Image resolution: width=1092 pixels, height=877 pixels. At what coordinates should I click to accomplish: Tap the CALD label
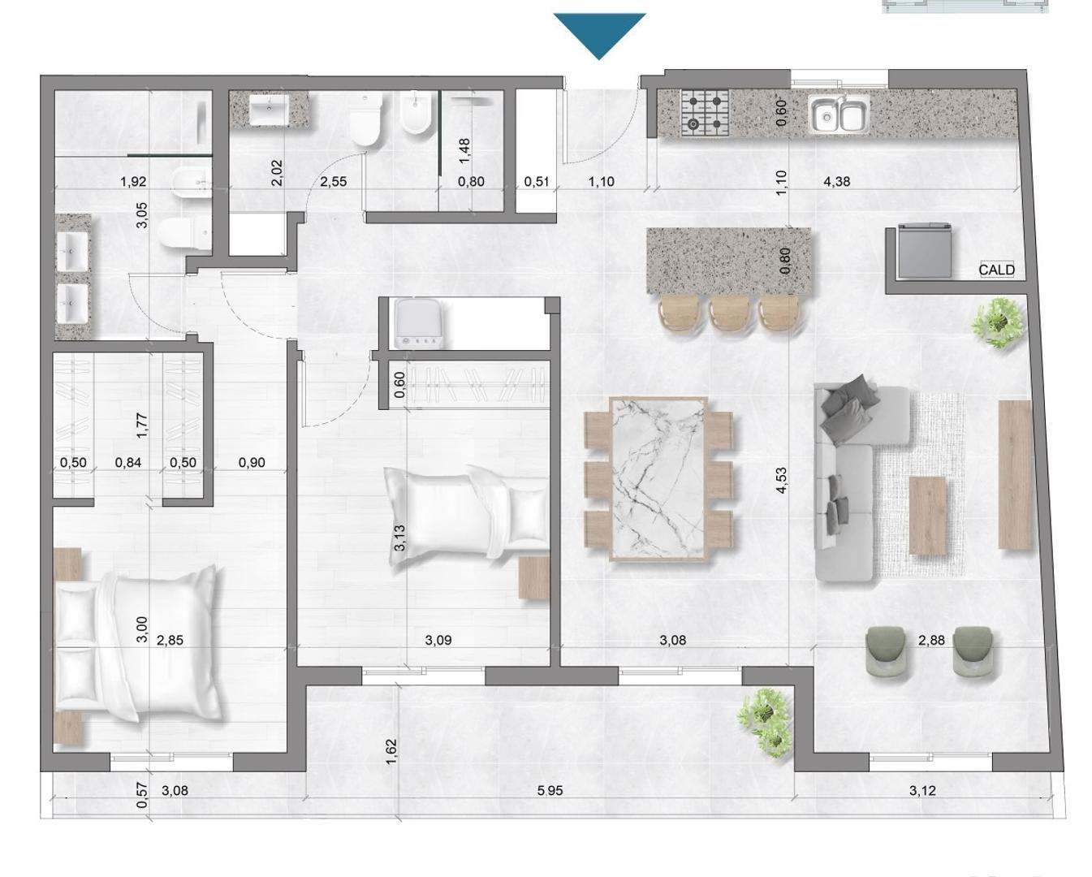tap(996, 270)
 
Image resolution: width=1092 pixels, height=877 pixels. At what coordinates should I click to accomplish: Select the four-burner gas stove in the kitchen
tap(704, 112)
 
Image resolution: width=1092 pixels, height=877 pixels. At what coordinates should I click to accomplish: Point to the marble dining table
tap(658, 478)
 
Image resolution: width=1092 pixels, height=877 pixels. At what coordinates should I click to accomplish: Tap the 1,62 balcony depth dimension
tap(391, 752)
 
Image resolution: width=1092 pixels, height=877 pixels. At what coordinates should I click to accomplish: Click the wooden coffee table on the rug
tap(927, 516)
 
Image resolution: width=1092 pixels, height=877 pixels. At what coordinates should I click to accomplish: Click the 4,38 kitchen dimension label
tap(836, 182)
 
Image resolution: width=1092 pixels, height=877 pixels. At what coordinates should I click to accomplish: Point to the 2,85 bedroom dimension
tap(170, 640)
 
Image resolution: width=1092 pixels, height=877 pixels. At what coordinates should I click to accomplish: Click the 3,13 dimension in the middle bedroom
tap(399, 538)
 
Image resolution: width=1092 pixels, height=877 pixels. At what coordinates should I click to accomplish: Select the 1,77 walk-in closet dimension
tap(141, 426)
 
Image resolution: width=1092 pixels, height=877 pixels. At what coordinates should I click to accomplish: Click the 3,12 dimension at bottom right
tap(922, 790)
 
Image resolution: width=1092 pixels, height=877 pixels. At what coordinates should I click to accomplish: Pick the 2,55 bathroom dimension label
tap(333, 182)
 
